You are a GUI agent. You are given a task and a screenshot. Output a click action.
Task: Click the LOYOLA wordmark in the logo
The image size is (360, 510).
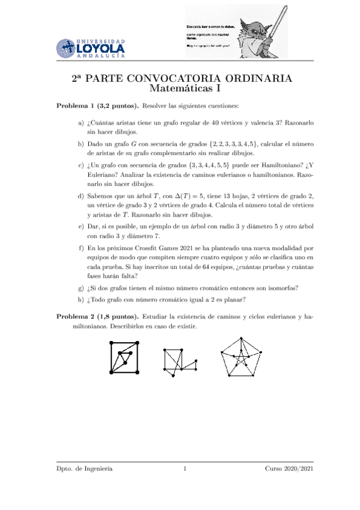click(x=101, y=48)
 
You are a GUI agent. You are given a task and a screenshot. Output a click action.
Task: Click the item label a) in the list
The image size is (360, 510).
click(x=81, y=123)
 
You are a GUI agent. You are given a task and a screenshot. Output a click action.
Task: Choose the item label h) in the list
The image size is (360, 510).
click(x=81, y=301)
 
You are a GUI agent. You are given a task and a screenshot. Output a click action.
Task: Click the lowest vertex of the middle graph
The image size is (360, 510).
click(x=173, y=376)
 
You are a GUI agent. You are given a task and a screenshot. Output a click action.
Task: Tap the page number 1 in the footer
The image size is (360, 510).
click(x=186, y=469)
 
